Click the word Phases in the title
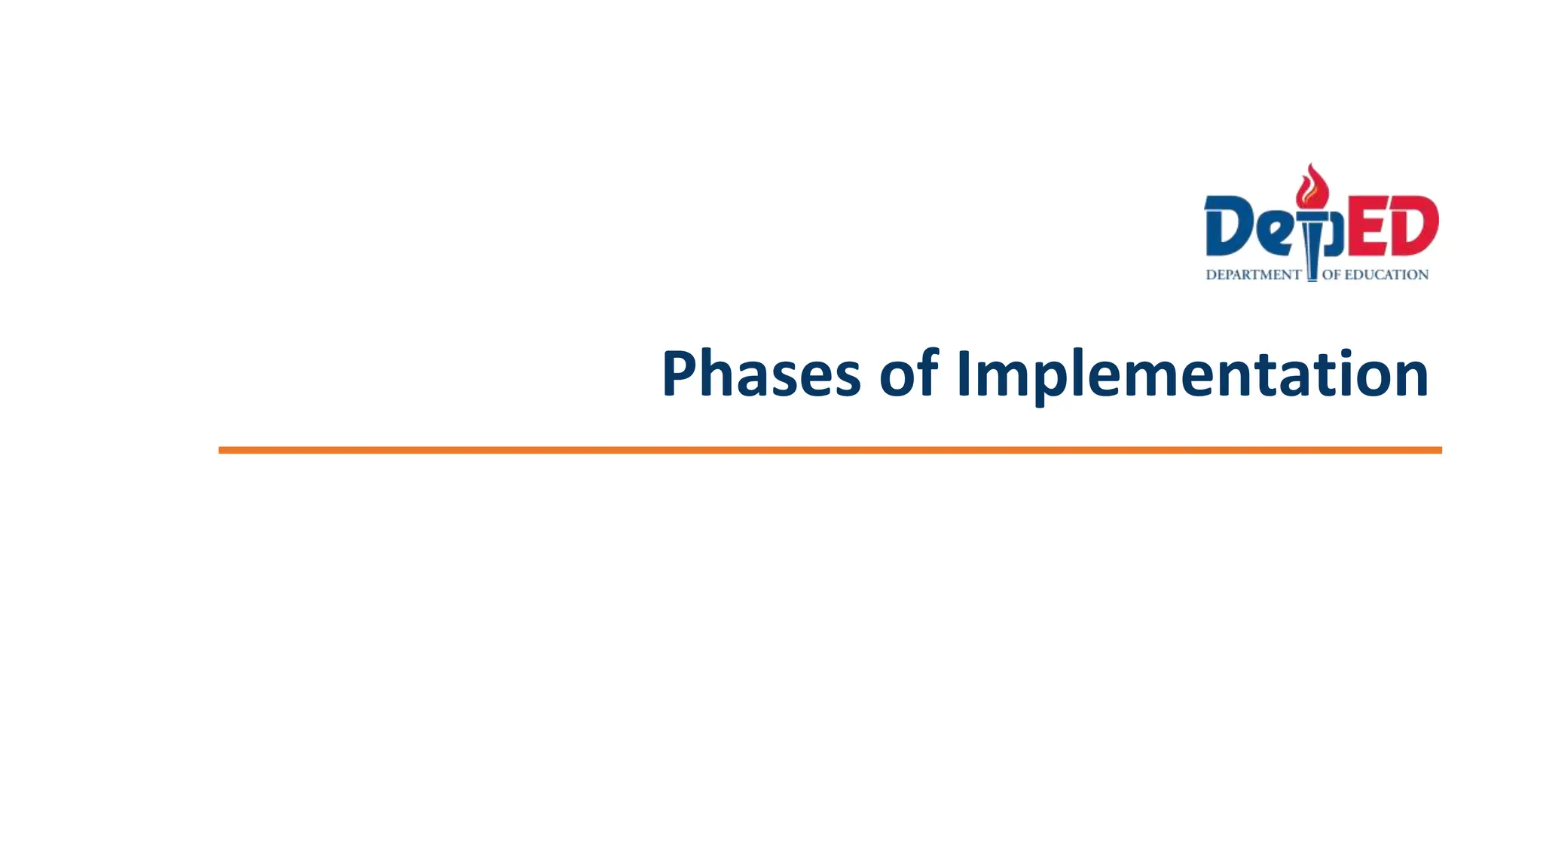click(x=761, y=374)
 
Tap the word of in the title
click(x=909, y=374)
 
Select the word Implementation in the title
click(x=1192, y=374)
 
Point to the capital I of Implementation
click(x=962, y=374)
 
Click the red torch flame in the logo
click(x=1312, y=186)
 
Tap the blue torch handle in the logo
click(x=1312, y=249)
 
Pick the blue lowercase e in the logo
click(x=1274, y=234)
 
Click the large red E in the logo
click(x=1365, y=226)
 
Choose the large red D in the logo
click(x=1413, y=226)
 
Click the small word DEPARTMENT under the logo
click(x=1253, y=275)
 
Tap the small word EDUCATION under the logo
click(x=1386, y=275)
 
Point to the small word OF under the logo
click(x=1331, y=275)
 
